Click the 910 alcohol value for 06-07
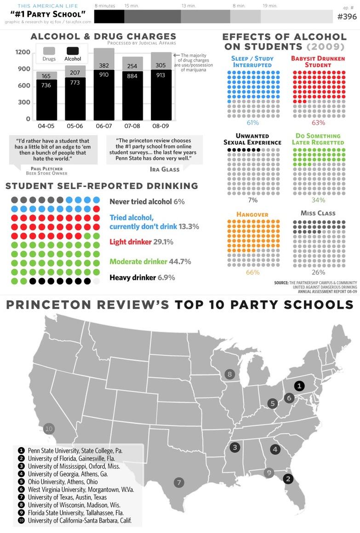pos(104,74)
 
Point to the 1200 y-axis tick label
pos(23,52)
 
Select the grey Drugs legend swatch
pos(49,51)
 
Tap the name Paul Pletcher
pos(46,168)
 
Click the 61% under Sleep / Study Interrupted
pos(252,123)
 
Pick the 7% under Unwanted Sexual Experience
pos(252,200)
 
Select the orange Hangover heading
pos(252,215)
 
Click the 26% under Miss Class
pos(318,272)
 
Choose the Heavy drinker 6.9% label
pos(142,278)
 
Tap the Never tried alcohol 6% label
pos(147,202)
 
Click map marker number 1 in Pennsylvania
pos(299,386)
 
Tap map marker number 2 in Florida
pos(288,479)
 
